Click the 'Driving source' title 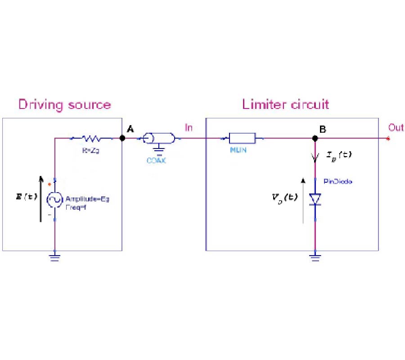pyautogui.click(x=64, y=105)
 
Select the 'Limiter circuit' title pyautogui.click(x=285, y=104)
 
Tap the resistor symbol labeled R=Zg pyautogui.click(x=92, y=138)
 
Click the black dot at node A pyautogui.click(x=122, y=138)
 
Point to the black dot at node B pyautogui.click(x=315, y=138)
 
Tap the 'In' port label pyautogui.click(x=189, y=128)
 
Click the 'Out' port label pyautogui.click(x=396, y=128)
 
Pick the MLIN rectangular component pyautogui.click(x=242, y=138)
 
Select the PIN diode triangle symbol pyautogui.click(x=315, y=199)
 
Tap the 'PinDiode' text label pyautogui.click(x=337, y=181)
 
